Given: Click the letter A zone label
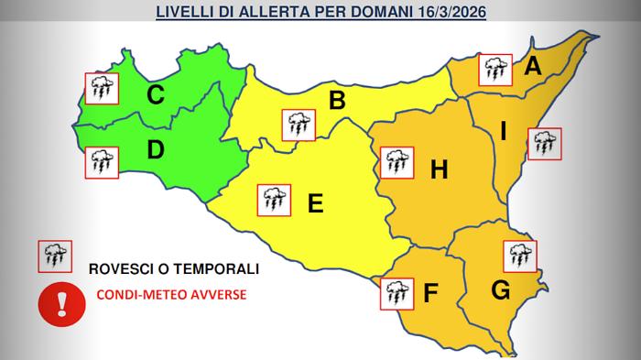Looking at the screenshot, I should (533, 65).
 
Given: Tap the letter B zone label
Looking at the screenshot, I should (337, 101).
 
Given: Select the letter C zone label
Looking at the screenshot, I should (156, 94).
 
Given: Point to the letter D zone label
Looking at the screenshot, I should (155, 149).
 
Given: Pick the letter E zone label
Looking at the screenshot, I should (315, 203).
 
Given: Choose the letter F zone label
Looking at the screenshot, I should (431, 294).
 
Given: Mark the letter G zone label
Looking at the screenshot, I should (500, 290).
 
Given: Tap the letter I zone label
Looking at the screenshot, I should (503, 132).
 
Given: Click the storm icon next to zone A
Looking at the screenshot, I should (495, 68).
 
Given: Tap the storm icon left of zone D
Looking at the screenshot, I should (101, 163).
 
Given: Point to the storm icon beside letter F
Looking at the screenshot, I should (397, 293).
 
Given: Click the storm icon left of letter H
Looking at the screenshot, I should (397, 162).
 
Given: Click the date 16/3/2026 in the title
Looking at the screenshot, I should (449, 13).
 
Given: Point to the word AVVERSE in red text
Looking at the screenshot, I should (216, 296).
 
